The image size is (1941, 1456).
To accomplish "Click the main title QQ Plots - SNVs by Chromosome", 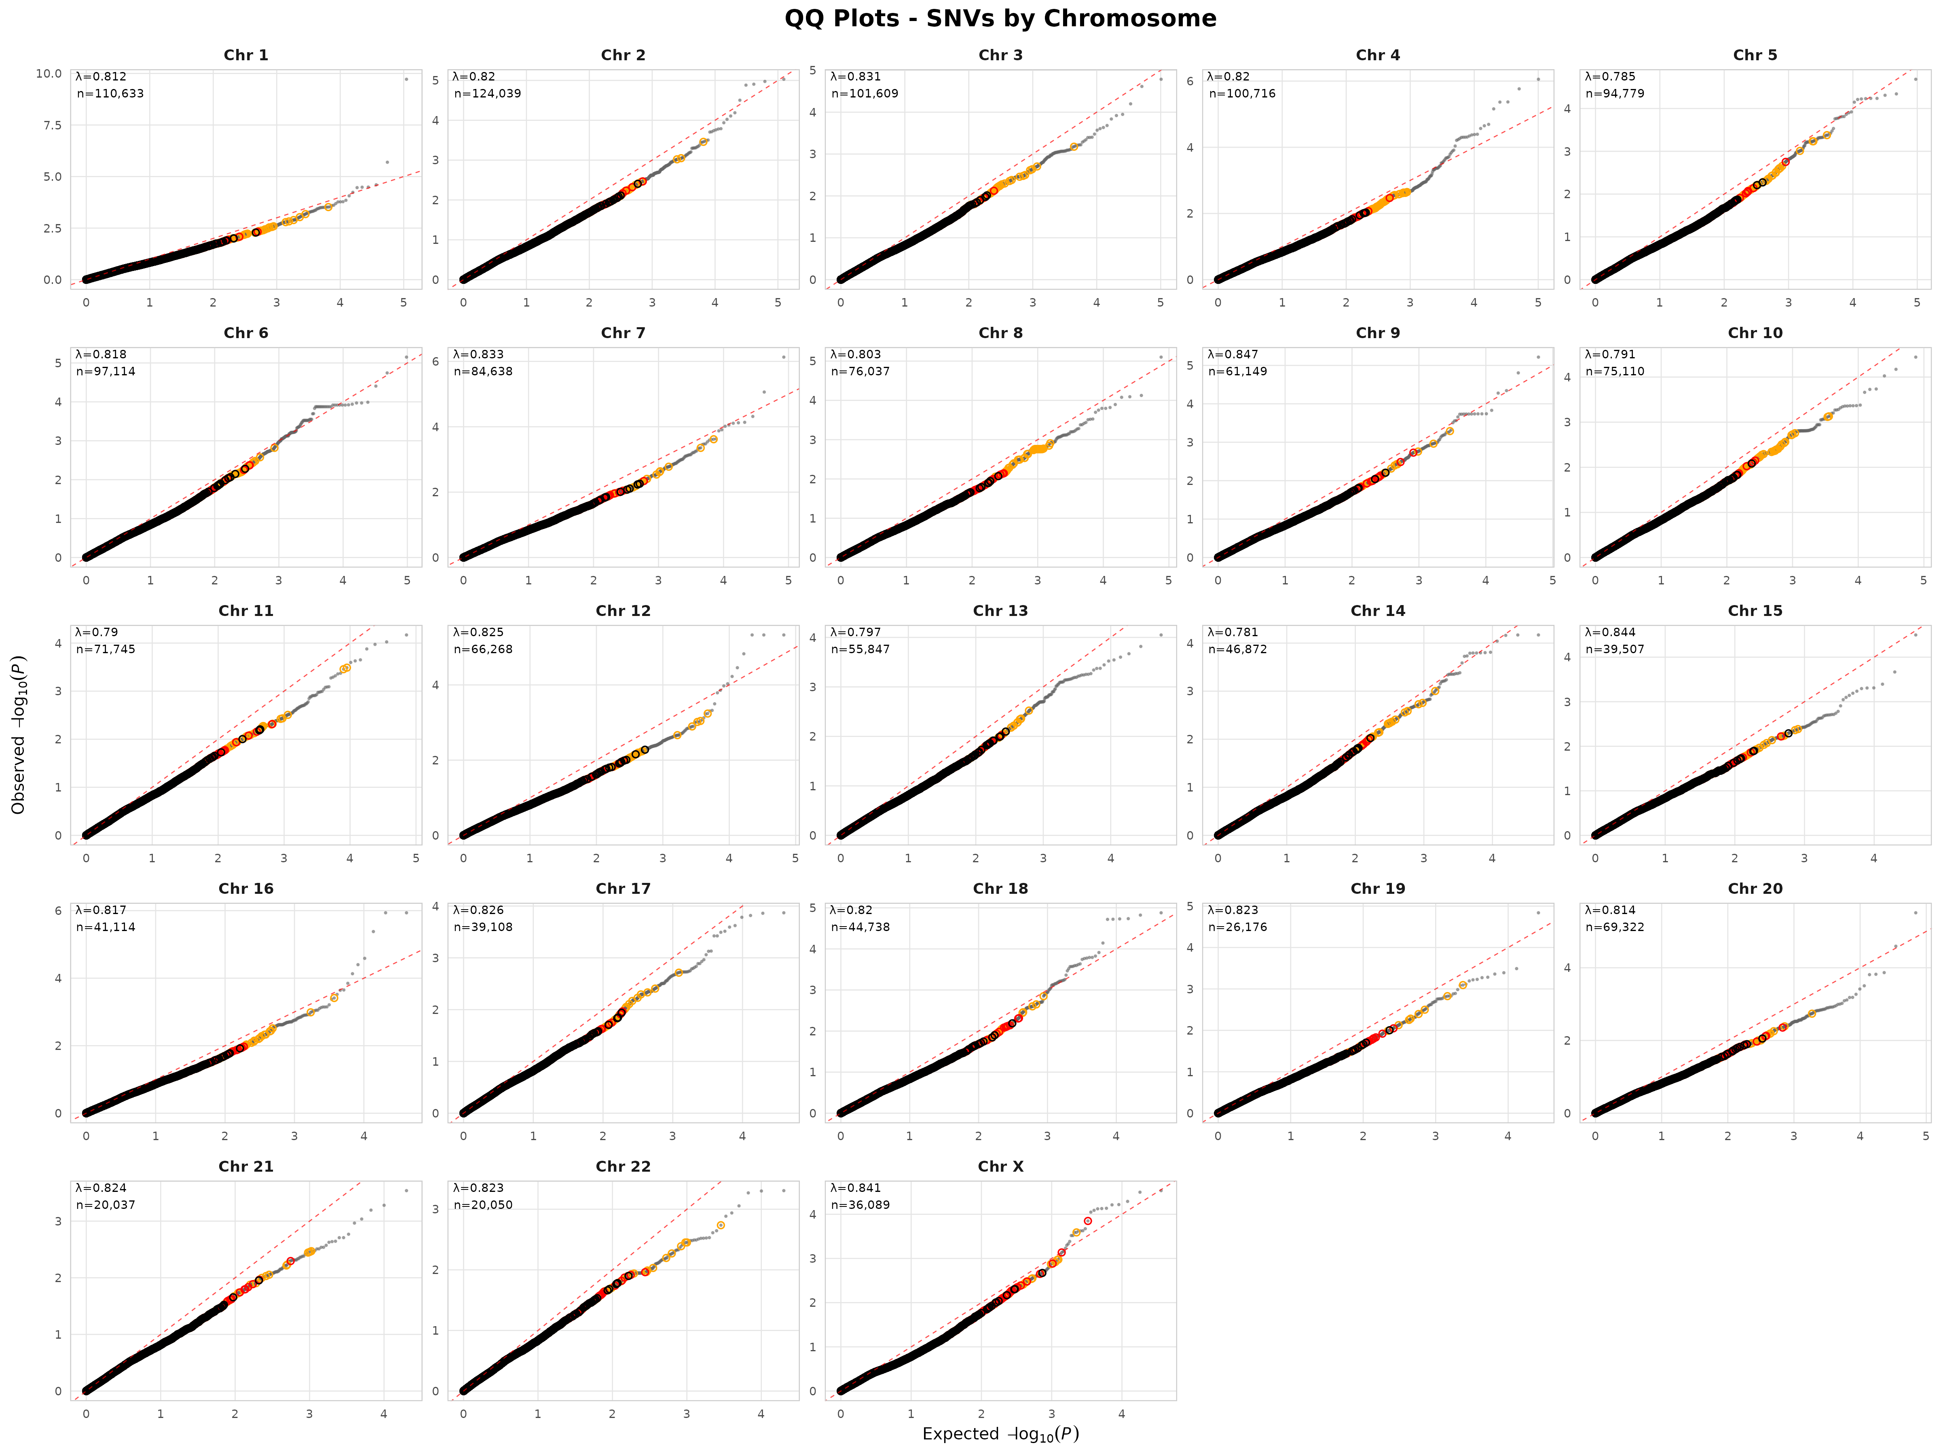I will pyautogui.click(x=1000, y=19).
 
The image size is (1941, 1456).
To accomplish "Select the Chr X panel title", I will pyautogui.click(x=1000, y=1166).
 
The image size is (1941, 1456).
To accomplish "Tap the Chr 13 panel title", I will pyautogui.click(x=1000, y=611).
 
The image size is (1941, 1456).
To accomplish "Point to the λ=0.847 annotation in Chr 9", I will pyautogui.click(x=1233, y=355).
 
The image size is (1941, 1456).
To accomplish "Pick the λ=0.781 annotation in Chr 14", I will pyautogui.click(x=1233, y=632).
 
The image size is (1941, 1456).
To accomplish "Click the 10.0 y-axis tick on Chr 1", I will pyautogui.click(x=48, y=74).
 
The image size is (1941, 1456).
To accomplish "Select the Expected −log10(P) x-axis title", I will pyautogui.click(x=1000, y=1434).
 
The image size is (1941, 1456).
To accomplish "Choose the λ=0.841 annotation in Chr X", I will pyautogui.click(x=856, y=1187).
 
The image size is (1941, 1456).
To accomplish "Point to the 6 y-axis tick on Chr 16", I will pyautogui.click(x=58, y=911).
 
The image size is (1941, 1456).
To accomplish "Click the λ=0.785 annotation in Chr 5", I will pyautogui.click(x=1610, y=76).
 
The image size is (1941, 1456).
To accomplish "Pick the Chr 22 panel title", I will pyautogui.click(x=623, y=1166).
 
